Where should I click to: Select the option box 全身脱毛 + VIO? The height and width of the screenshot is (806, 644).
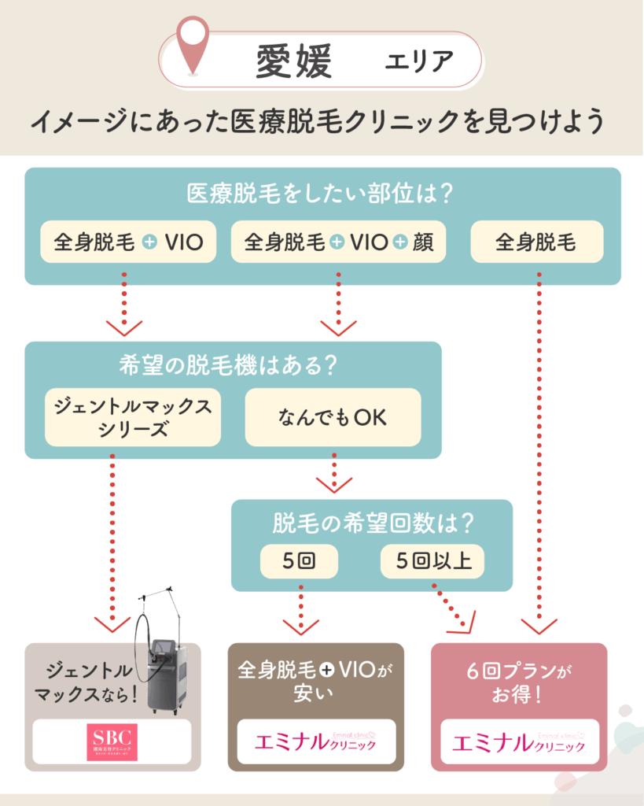tap(128, 242)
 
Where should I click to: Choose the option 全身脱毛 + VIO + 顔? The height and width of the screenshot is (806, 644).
tap(338, 242)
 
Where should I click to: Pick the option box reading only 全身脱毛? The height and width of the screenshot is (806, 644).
tap(536, 242)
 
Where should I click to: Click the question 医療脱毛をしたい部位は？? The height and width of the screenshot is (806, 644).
tap(322, 194)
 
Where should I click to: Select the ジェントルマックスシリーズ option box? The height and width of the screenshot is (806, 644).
tap(133, 417)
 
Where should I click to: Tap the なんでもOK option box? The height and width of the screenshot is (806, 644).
tap(333, 417)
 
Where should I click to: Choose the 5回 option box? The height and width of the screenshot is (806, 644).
tap(298, 562)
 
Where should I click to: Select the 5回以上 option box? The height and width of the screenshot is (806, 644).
tap(432, 562)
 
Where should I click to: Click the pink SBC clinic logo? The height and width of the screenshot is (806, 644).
tap(112, 741)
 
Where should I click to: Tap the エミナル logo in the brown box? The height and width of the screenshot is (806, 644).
tap(317, 741)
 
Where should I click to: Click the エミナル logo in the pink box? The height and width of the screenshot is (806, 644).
tap(519, 741)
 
